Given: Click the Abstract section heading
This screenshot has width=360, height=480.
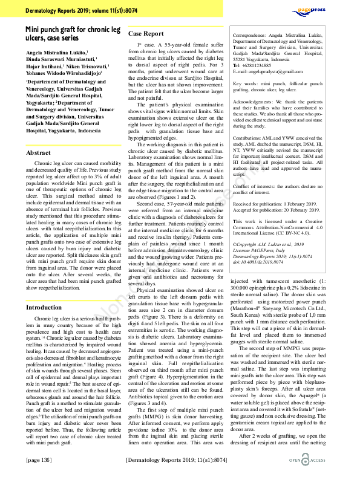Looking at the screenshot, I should tap(38, 154).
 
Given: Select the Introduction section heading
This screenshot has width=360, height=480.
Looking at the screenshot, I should tap(44, 307).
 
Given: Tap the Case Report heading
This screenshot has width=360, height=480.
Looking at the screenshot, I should tap(146, 34).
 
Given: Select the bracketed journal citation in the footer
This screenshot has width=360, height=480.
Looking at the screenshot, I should tap(175, 461).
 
